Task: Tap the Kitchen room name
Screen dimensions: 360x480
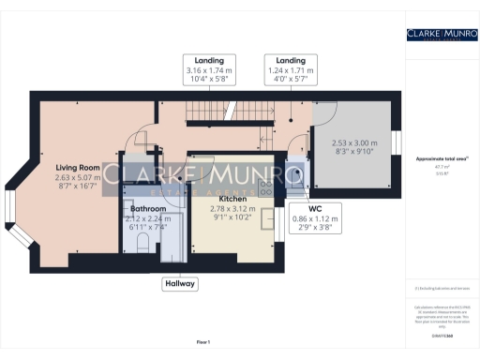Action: (233, 200)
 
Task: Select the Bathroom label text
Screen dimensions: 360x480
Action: (148, 208)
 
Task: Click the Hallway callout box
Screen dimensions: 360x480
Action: (180, 281)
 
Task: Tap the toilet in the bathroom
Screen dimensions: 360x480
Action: (142, 243)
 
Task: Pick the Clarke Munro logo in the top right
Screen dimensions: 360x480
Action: (441, 36)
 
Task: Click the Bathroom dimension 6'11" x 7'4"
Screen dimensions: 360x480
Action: (148, 228)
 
